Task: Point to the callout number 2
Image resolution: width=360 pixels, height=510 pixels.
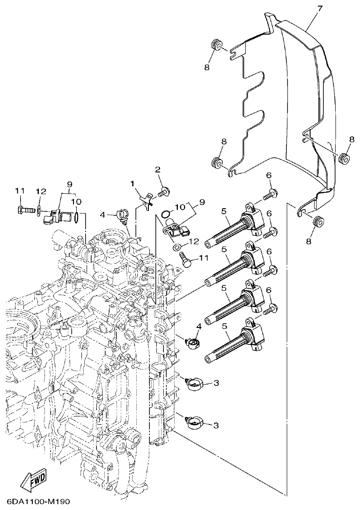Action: (158, 169)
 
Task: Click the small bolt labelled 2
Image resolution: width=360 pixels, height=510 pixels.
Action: (164, 190)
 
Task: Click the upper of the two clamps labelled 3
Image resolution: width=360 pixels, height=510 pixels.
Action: (193, 383)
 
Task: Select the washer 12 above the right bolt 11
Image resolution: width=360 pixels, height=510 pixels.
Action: (177, 247)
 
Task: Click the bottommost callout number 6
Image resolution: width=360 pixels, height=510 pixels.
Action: (269, 291)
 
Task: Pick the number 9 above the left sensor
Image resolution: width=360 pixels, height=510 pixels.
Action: (69, 184)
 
